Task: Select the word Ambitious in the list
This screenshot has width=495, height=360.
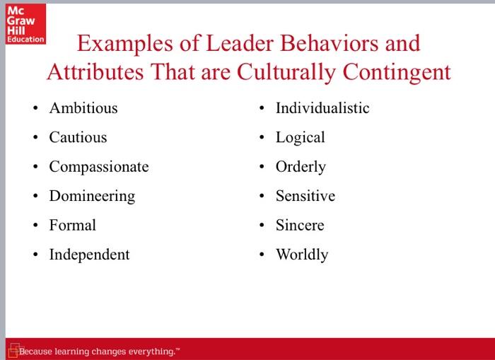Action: point(83,108)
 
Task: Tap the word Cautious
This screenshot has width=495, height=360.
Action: point(78,137)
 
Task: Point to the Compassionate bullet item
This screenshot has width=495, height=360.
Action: point(99,167)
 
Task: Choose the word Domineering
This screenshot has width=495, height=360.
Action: point(92,196)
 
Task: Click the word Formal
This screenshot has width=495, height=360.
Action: point(72,225)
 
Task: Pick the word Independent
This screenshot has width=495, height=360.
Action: point(89,255)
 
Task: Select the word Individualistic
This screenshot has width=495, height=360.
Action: point(322,108)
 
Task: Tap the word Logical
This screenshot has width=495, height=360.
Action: point(301,137)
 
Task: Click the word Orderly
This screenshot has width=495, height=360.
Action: point(301,167)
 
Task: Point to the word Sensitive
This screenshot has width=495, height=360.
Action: point(305,196)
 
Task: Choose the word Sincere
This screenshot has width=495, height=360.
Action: point(300,225)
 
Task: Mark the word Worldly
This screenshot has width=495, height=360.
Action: point(302,255)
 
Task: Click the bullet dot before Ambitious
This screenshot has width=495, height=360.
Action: point(35,109)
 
